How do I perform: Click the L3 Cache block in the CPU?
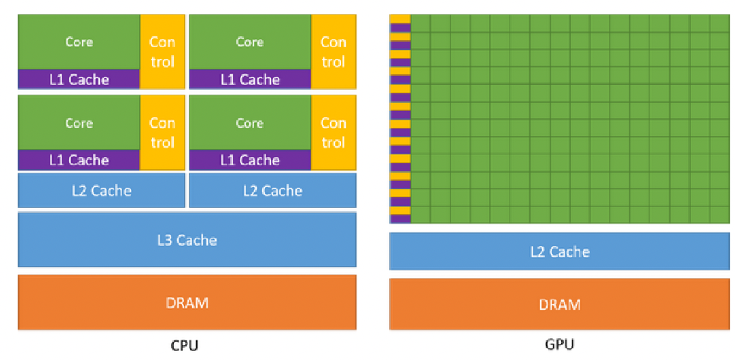[187, 240]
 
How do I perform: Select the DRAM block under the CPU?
[187, 302]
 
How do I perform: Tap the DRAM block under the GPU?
[559, 304]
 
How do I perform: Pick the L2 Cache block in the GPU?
[559, 251]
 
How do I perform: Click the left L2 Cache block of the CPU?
[102, 190]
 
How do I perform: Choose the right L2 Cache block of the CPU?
[273, 190]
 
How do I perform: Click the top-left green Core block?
[79, 42]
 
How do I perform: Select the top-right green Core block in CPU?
[250, 42]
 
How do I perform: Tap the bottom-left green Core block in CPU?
[79, 122]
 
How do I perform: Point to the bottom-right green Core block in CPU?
[250, 122]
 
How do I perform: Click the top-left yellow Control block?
[162, 52]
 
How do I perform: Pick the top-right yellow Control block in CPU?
[333, 52]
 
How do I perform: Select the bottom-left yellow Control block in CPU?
[162, 133]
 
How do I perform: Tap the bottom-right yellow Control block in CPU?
[333, 133]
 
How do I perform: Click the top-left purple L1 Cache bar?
[79, 79]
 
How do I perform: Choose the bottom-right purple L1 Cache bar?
[250, 160]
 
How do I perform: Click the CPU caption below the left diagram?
[184, 346]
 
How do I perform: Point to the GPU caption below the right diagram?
[560, 345]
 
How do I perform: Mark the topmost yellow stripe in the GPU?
[400, 19]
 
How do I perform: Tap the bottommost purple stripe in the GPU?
[400, 219]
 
